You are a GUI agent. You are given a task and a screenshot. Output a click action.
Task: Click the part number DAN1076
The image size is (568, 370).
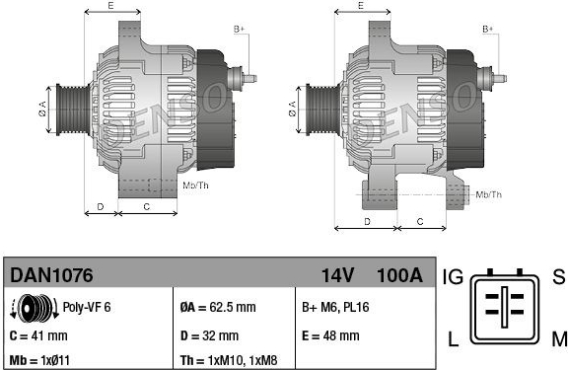(51, 275)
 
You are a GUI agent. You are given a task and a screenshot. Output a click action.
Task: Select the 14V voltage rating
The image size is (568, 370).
(337, 275)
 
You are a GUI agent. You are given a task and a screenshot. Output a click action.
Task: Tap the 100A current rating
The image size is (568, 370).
(400, 275)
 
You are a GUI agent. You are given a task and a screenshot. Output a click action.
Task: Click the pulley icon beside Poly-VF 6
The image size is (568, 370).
(35, 309)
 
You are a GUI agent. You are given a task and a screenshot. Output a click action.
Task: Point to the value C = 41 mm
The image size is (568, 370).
(38, 335)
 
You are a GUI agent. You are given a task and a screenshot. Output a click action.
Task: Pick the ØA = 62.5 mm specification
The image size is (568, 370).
(218, 307)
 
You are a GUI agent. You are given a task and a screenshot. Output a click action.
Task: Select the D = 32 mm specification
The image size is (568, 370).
(209, 335)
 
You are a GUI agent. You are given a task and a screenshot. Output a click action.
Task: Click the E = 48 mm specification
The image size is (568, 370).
(330, 335)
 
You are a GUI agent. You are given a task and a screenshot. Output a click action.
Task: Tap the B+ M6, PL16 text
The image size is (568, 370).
(335, 307)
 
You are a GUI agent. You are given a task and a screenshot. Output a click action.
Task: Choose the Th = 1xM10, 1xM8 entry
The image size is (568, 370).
(229, 360)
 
